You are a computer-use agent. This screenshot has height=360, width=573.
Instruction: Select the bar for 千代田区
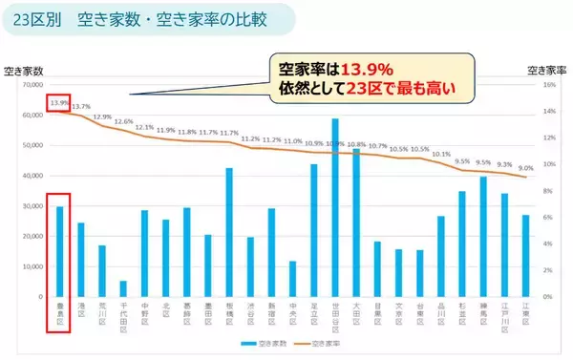tap(123, 288)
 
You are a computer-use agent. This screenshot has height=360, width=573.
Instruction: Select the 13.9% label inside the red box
tap(59, 103)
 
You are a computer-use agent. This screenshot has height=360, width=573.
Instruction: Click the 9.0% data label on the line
tap(525, 168)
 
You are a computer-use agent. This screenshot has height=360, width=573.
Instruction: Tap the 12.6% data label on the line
tap(123, 122)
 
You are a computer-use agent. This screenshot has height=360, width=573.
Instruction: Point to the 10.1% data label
tap(441, 153)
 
